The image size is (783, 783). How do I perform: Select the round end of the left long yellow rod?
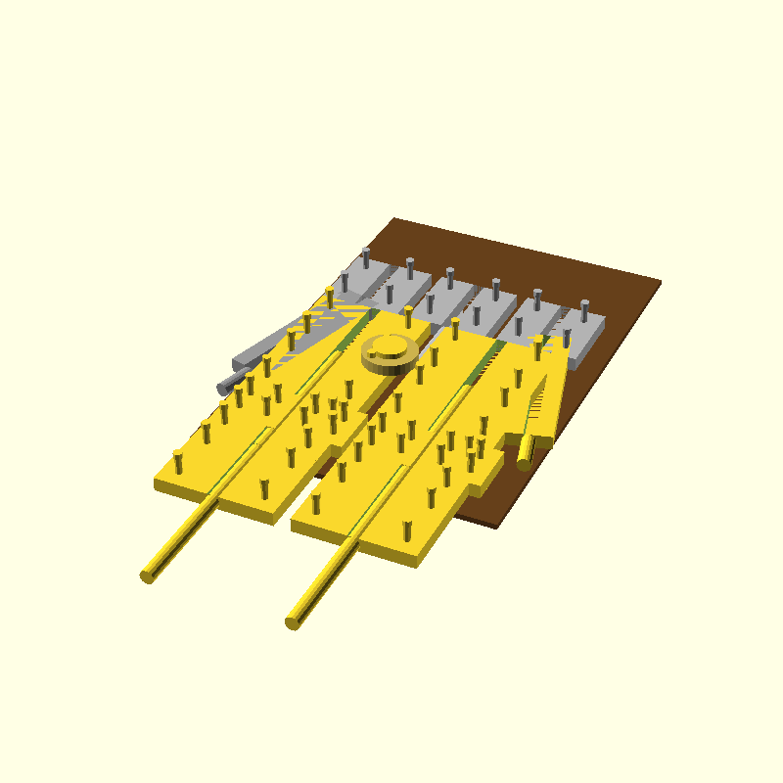[x=149, y=576]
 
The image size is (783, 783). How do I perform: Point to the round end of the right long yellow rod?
[x=293, y=622]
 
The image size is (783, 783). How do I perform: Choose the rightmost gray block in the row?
[x=580, y=333]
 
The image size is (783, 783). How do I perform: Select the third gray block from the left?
[x=450, y=299]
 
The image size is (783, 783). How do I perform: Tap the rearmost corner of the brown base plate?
[x=394, y=218]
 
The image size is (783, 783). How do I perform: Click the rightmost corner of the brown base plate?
[x=661, y=282]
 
